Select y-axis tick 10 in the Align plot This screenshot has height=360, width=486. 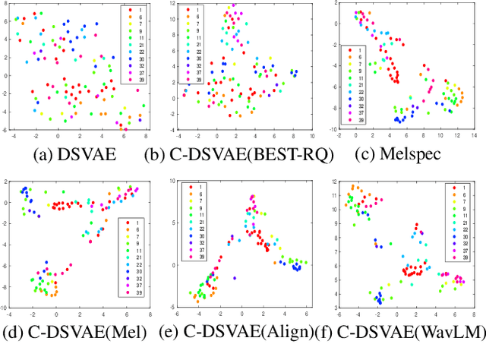tap(174, 182)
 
